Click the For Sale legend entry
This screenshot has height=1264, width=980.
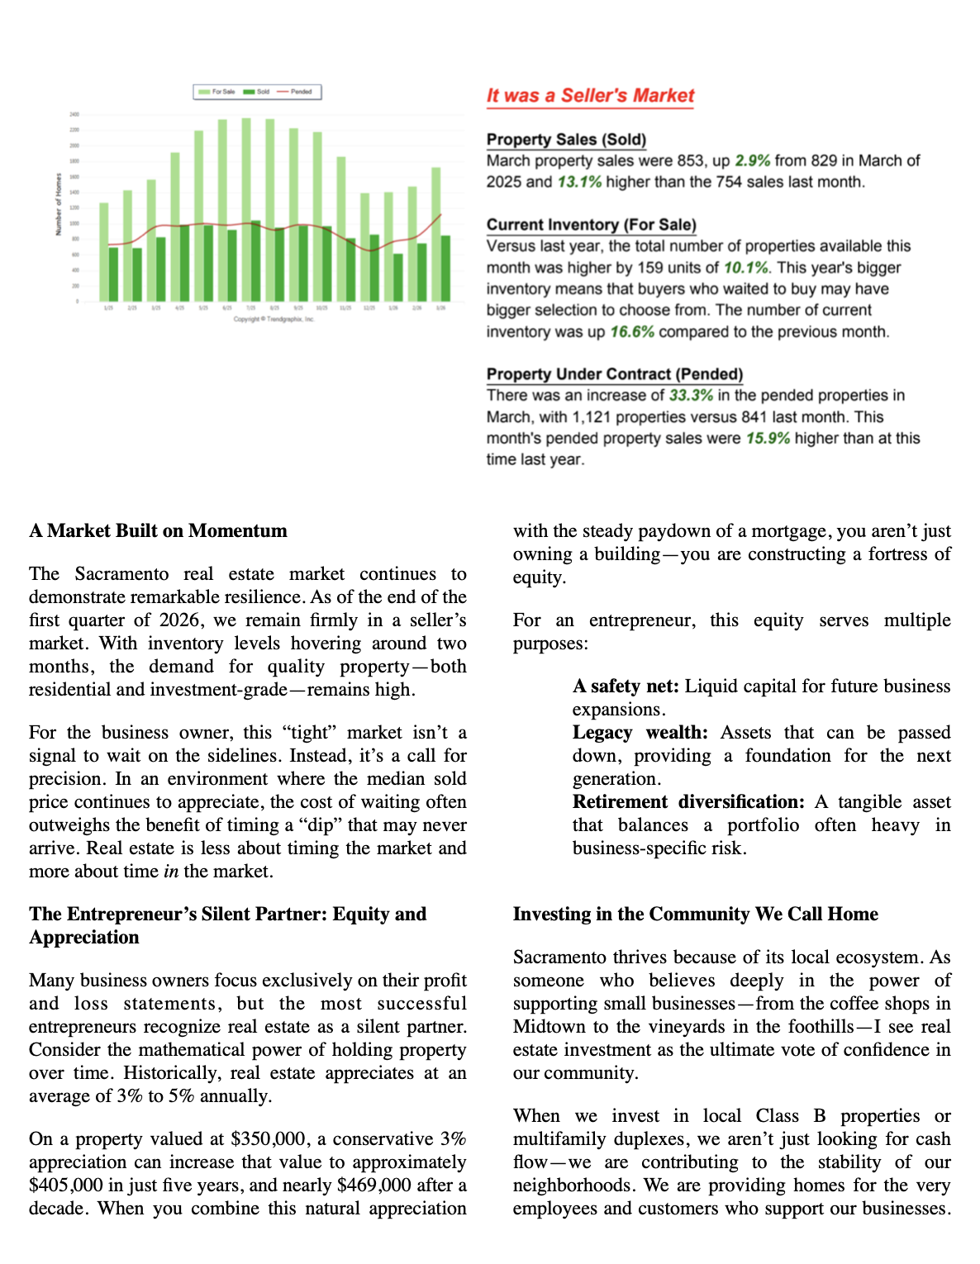point(217,92)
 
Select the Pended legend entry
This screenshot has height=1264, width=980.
point(295,92)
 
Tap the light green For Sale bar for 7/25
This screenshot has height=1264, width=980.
point(246,207)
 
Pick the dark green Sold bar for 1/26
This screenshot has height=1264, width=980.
point(398,277)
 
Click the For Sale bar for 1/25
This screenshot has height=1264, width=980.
point(103,252)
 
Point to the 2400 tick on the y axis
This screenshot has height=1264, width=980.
point(74,114)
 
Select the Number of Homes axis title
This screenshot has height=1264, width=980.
point(59,204)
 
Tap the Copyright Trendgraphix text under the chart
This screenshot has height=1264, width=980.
point(274,319)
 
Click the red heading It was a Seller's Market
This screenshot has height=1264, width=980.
point(590,96)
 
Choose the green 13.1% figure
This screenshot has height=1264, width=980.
point(579,182)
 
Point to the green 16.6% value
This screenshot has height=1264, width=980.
point(632,332)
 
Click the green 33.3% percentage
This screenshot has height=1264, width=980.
point(691,396)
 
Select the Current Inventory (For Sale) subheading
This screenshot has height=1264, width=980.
point(591,225)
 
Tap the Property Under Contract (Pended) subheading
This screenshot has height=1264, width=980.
point(614,374)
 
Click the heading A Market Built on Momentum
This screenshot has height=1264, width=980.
point(158,531)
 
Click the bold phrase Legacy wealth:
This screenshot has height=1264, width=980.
point(640,733)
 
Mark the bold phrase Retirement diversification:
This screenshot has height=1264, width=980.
point(687,802)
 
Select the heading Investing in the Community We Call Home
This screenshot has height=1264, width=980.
point(695,915)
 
